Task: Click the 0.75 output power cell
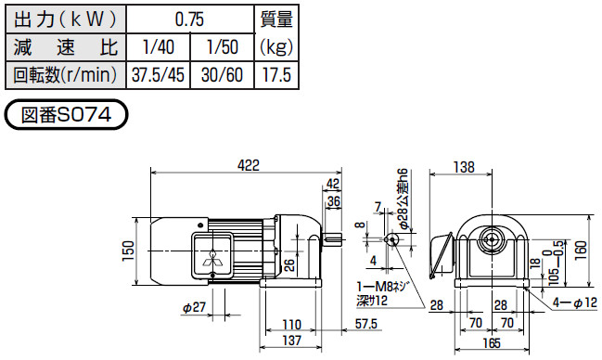(x=190, y=19)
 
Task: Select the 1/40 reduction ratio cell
(x=159, y=47)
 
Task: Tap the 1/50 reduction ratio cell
(x=223, y=47)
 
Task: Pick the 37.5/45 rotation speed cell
(x=159, y=74)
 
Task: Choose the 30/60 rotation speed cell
(x=223, y=74)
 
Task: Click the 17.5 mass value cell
(x=276, y=74)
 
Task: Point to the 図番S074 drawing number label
(x=66, y=114)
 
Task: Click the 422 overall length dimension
(x=249, y=165)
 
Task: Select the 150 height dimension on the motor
(x=129, y=251)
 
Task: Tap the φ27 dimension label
(x=194, y=307)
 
